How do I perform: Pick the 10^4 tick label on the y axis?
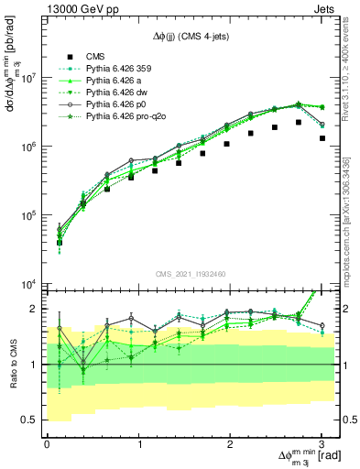pyautogui.click(x=27, y=284)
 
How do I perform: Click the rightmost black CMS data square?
pyautogui.click(x=322, y=138)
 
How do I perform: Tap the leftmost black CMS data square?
pyautogui.click(x=59, y=243)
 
